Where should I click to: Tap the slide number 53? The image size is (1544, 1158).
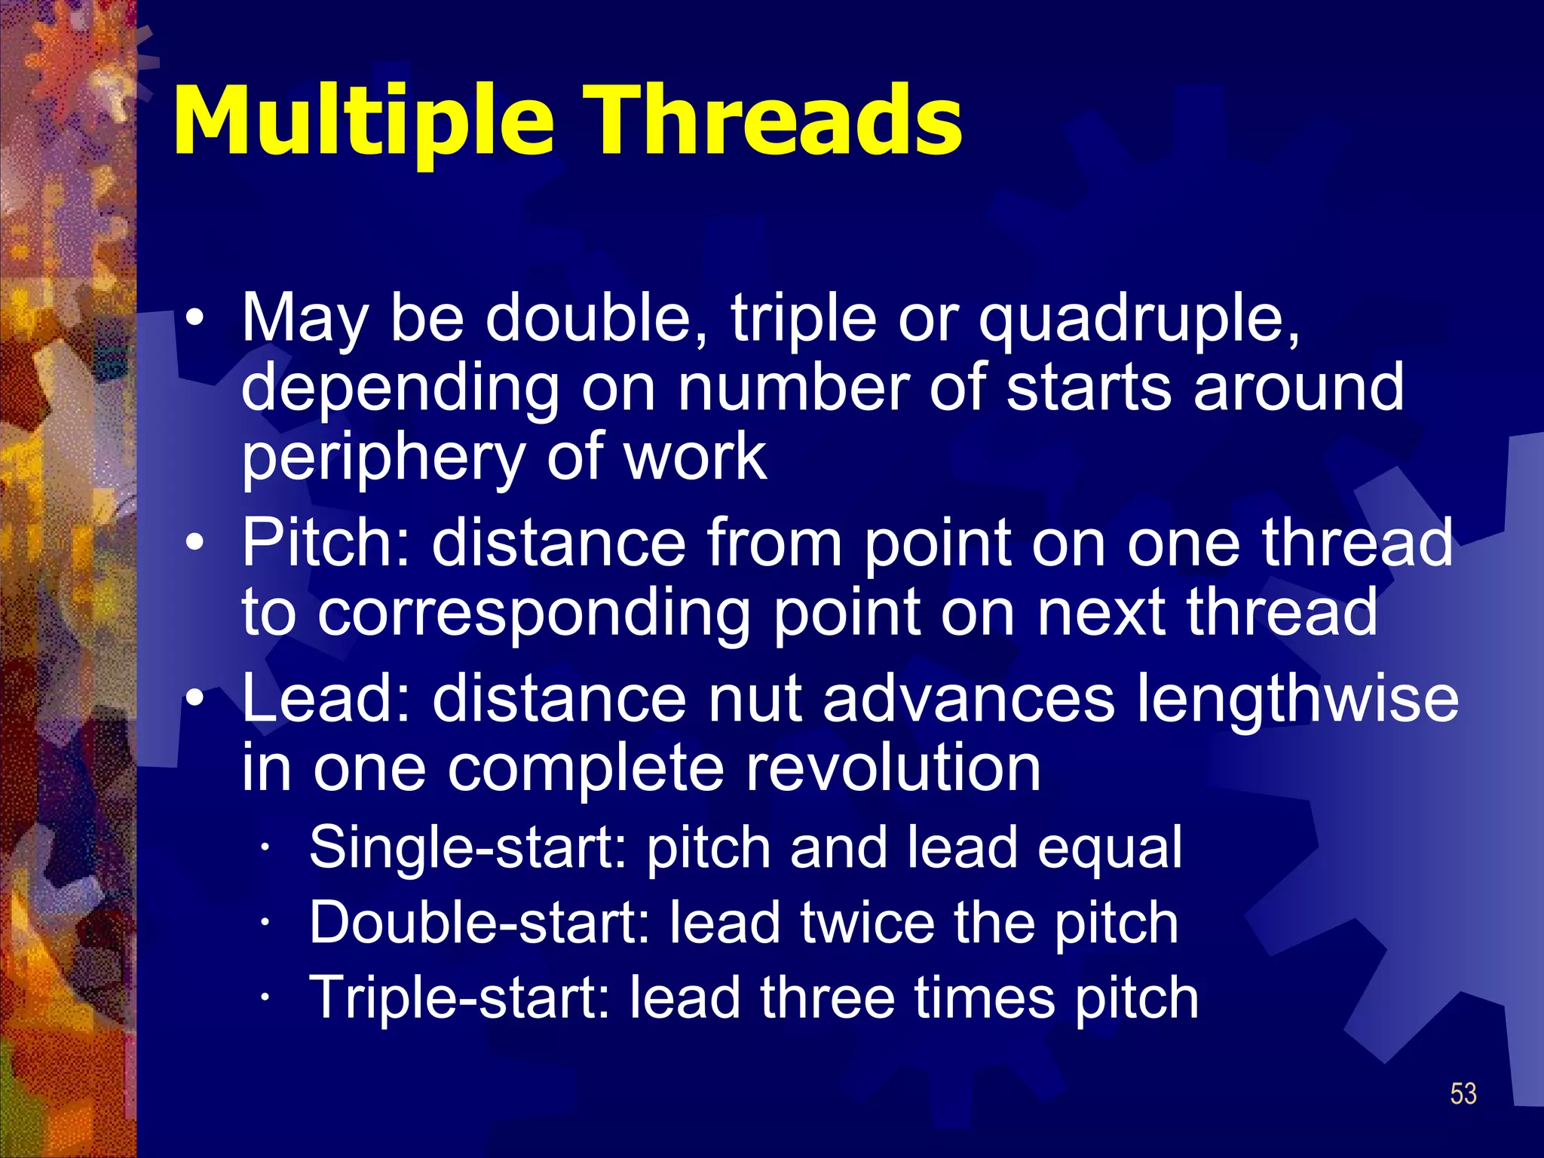pyautogui.click(x=1463, y=1093)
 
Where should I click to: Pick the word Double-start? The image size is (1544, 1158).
pyautogui.click(x=479, y=923)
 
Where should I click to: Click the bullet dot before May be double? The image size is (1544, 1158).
pyautogui.click(x=195, y=317)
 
